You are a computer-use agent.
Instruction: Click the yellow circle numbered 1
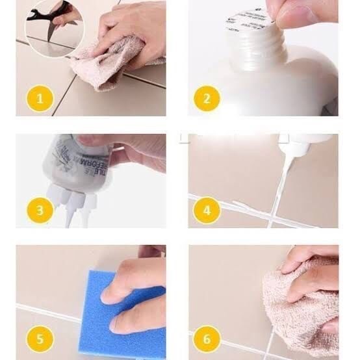click(40, 99)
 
